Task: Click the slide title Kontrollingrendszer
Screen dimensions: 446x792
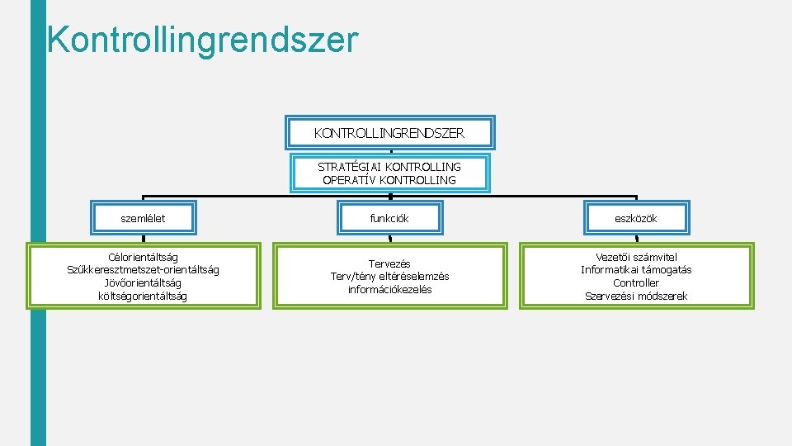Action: click(202, 40)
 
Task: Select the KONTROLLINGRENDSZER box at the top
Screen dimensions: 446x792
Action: click(389, 132)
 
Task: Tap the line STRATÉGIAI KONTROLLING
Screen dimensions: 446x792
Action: click(389, 167)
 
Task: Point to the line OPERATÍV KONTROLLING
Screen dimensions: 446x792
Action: click(389, 180)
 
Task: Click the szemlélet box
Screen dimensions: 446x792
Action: click(143, 218)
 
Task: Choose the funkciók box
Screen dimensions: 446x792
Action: click(389, 218)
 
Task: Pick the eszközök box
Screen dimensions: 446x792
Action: click(636, 218)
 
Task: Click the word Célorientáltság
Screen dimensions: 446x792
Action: click(143, 258)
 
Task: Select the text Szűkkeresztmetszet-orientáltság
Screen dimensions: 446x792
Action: click(143, 270)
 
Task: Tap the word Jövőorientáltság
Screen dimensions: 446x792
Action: click(143, 282)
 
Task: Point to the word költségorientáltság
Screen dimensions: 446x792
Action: click(143, 296)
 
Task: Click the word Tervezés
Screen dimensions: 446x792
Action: click(389, 263)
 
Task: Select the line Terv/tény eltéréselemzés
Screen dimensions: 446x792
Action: click(389, 276)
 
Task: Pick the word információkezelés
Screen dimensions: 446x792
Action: click(389, 289)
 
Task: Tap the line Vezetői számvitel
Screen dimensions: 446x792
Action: click(636, 257)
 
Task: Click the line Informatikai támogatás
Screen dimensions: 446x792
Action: click(636, 270)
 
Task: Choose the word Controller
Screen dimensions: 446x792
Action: click(636, 282)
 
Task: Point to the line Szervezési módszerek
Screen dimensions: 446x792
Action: click(636, 296)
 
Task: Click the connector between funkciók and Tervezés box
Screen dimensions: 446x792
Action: click(389, 239)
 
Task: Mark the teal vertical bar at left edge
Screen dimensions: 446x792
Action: click(38, 248)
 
